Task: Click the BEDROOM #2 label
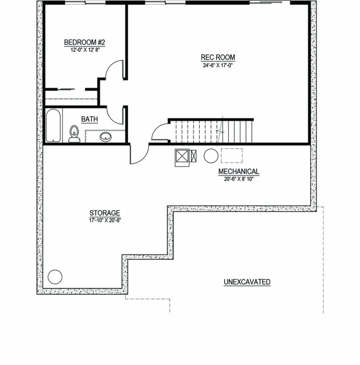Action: coord(85,42)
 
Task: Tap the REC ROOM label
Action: coord(218,57)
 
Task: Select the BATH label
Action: coord(89,119)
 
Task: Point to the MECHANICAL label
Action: coord(239,172)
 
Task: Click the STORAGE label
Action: coord(105,213)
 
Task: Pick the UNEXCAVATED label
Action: coord(247,282)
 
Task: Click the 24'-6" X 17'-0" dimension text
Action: coord(218,65)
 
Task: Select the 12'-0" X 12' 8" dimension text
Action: coord(85,50)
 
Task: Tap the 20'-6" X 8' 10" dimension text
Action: coord(239,179)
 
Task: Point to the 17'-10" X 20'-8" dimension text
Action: coord(105,220)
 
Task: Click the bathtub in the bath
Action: coord(53,125)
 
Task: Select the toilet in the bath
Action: coord(74,134)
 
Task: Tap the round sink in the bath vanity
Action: coord(106,137)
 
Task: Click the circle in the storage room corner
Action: coord(55,277)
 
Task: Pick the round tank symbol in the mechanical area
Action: coord(211,156)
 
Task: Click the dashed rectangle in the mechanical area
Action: coord(232,156)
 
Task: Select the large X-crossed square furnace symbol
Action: coord(182,156)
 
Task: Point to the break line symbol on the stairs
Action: coord(220,131)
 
